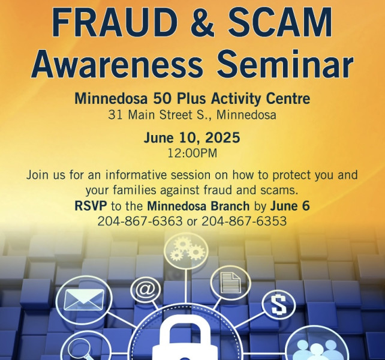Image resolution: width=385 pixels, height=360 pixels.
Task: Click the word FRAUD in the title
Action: (x=115, y=22)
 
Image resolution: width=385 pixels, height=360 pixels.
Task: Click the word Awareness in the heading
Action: (x=117, y=63)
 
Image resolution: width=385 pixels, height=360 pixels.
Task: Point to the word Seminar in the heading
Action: (x=285, y=63)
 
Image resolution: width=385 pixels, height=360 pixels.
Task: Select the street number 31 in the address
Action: (x=115, y=115)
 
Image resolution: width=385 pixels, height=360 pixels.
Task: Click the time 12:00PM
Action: (x=192, y=154)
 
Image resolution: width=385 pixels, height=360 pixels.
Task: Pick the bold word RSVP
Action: (x=91, y=206)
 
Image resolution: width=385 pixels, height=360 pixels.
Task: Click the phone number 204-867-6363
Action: (x=140, y=221)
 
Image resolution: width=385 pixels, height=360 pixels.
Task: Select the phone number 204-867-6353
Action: (x=244, y=221)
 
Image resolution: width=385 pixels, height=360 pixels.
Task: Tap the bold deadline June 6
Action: (x=290, y=206)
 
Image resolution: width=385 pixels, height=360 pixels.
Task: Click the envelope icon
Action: (x=84, y=299)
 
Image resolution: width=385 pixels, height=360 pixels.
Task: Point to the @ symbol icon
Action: (x=146, y=289)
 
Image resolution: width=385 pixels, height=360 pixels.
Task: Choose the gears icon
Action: (x=186, y=250)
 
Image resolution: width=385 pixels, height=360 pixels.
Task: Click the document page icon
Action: (x=230, y=283)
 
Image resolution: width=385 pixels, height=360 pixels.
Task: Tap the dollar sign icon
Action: (x=279, y=305)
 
